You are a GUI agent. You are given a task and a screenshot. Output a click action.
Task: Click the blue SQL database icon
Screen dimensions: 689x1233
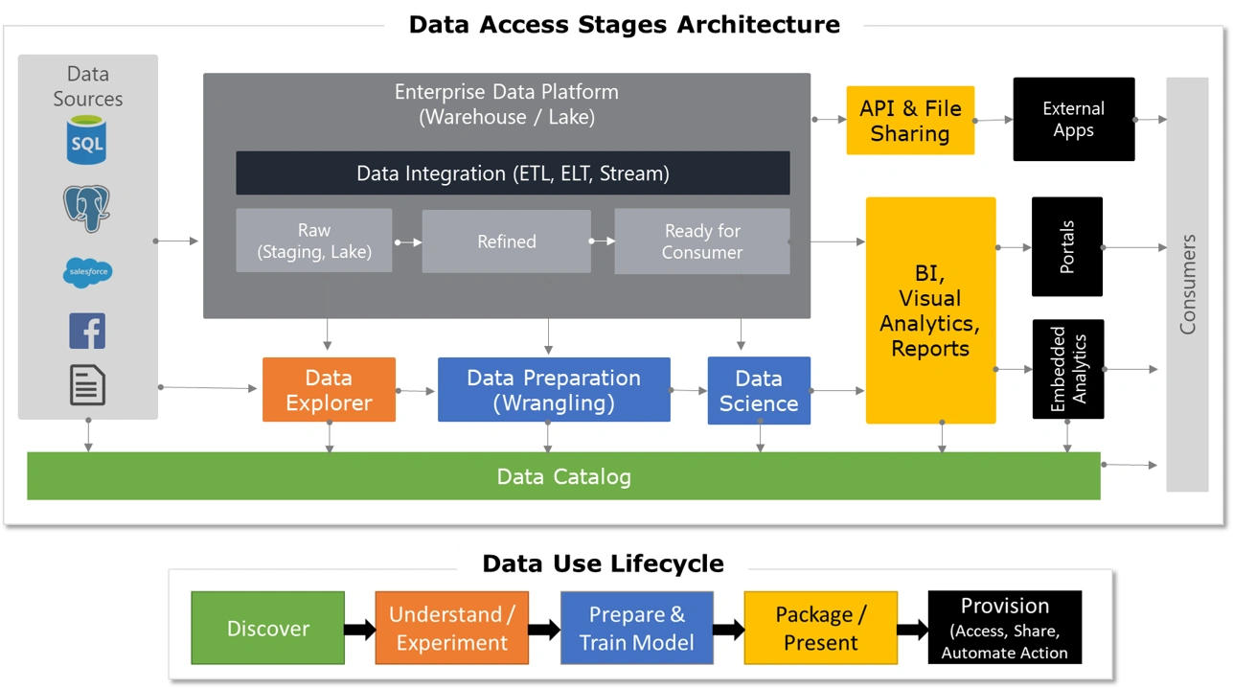(87, 140)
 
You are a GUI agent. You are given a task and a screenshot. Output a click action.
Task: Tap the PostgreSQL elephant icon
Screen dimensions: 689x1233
(86, 207)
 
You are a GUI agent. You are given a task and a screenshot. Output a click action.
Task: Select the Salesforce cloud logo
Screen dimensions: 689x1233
(87, 273)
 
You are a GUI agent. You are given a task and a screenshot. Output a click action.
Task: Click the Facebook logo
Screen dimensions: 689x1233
(87, 331)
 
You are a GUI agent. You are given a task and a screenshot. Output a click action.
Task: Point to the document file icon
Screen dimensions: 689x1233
(87, 385)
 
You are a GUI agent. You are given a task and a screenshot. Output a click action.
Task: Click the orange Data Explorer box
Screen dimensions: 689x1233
(329, 390)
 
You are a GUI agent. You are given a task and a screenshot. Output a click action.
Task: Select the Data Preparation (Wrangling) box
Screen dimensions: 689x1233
(554, 390)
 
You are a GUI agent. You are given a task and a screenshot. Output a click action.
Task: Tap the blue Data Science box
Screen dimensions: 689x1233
(759, 390)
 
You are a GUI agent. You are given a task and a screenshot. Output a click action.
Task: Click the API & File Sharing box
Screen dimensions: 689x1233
(910, 121)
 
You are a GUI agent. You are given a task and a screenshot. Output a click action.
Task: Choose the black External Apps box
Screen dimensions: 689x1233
(1073, 120)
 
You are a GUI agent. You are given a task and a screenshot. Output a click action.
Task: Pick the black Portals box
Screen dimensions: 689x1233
(1067, 247)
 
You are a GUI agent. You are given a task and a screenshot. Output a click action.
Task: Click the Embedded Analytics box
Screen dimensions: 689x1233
(1067, 370)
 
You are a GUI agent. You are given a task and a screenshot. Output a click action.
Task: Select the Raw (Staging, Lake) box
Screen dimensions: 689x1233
(314, 241)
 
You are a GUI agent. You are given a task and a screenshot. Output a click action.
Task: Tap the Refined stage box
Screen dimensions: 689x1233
(507, 241)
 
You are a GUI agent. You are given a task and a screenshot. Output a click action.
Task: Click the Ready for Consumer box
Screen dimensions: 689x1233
(702, 241)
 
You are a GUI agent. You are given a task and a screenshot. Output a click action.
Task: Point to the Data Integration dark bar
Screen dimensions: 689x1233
(513, 173)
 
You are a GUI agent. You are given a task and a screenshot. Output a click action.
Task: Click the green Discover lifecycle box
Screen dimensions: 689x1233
(267, 629)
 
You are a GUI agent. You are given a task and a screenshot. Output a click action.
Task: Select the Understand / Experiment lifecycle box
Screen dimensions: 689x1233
(451, 629)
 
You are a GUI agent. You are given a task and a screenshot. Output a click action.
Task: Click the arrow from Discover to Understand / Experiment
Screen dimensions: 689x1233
(359, 630)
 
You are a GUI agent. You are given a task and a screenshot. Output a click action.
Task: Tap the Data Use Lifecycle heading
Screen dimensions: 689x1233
(603, 563)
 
